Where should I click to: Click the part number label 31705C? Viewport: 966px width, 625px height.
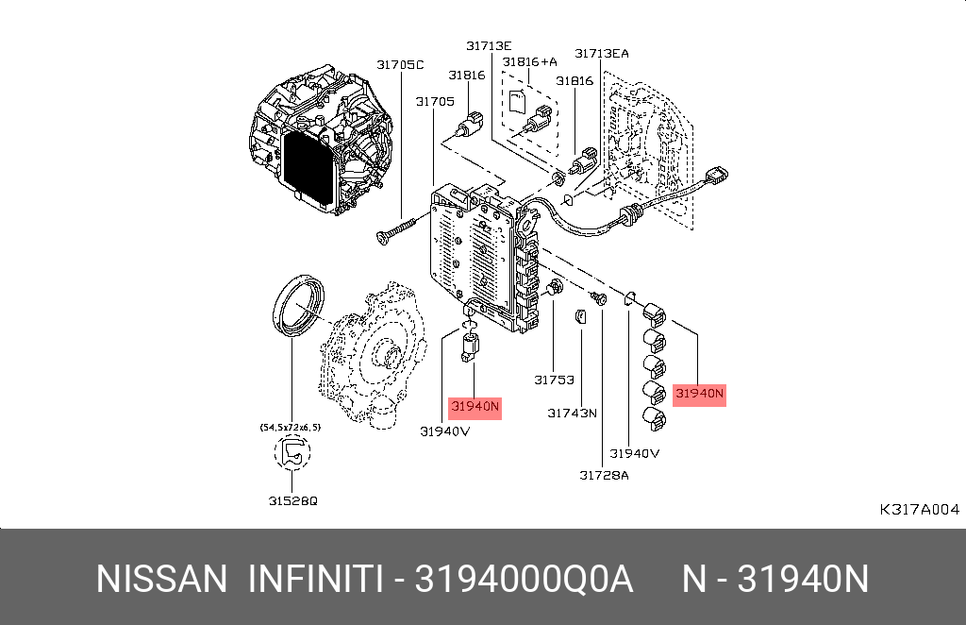400,64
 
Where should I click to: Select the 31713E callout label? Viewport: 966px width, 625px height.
489,45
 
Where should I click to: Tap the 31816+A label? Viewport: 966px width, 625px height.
529,61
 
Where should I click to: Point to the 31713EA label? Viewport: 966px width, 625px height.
602,53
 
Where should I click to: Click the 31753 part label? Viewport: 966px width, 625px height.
554,380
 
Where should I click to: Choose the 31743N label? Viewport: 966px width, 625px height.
573,413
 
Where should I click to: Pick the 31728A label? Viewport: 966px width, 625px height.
604,475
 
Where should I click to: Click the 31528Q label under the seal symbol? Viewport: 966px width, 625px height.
292,500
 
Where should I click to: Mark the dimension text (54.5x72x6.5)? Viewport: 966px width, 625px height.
291,428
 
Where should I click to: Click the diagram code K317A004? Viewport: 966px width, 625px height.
919,510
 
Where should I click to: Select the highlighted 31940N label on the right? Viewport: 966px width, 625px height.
700,393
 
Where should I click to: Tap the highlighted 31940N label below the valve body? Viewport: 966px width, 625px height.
475,408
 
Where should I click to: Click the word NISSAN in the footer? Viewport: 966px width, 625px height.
162,579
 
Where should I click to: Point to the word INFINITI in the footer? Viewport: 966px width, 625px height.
314,579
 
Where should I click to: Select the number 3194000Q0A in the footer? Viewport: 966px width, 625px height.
525,579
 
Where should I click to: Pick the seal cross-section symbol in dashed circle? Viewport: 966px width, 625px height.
291,453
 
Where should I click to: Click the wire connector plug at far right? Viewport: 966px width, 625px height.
721,176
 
